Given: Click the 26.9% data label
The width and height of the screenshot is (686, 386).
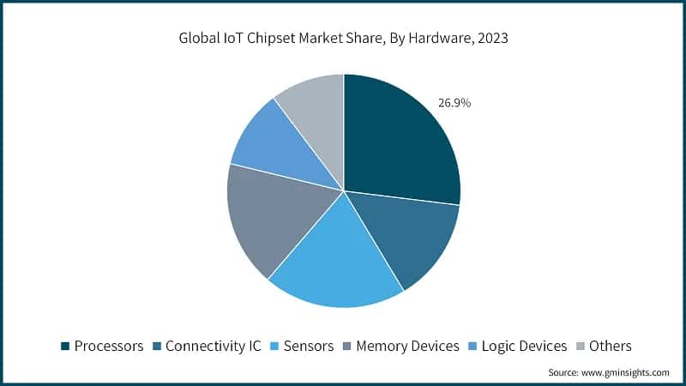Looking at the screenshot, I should [454, 103].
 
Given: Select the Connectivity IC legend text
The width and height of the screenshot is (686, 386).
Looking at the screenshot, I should [213, 346].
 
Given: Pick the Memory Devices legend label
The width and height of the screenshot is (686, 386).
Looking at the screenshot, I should [407, 346].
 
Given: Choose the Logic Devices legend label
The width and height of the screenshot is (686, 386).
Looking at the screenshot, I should [524, 346].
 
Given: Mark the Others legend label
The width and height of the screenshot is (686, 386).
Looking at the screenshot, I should [610, 346].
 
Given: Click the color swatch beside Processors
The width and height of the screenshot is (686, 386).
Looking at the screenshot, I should [65, 347].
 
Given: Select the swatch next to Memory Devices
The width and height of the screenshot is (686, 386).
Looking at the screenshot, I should [347, 347].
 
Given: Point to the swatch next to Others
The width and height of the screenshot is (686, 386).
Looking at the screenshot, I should [580, 347].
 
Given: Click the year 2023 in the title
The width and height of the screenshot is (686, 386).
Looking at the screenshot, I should [492, 38].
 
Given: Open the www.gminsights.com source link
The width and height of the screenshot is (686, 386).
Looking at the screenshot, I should [625, 372].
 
